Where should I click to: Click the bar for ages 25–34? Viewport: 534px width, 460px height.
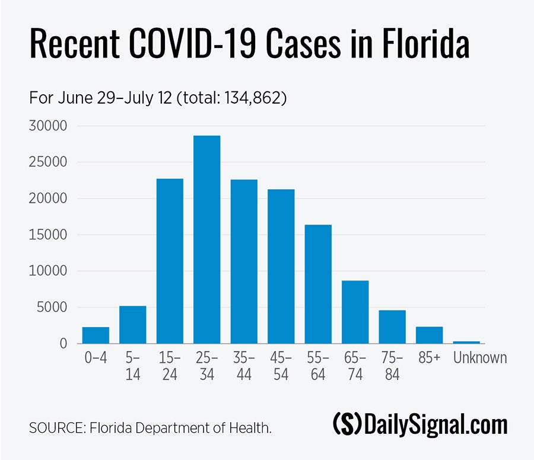click(206, 239)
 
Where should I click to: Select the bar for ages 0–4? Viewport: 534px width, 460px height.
click(96, 335)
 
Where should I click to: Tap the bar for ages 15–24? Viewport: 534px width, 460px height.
click(170, 261)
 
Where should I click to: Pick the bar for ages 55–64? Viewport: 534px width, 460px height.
click(318, 284)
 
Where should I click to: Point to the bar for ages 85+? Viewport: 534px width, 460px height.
click(429, 335)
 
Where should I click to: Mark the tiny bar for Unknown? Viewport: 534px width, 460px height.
click(466, 342)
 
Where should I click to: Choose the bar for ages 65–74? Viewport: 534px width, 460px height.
click(355, 312)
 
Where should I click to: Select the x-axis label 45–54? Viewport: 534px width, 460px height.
click(281, 366)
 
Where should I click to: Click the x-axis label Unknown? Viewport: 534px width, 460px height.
click(480, 358)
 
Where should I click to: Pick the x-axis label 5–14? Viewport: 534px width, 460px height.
click(133, 366)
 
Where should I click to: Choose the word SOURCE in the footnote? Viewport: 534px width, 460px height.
click(56, 427)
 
